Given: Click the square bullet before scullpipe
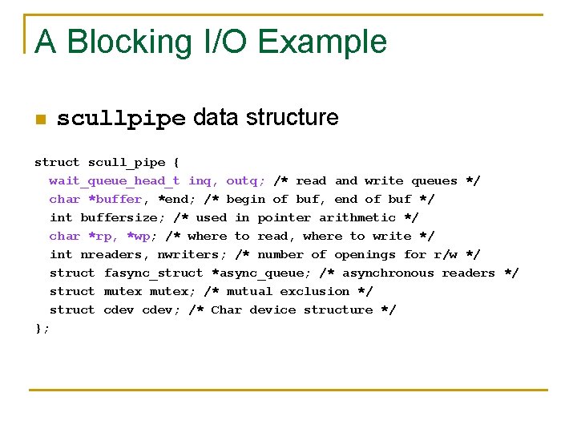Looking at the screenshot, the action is click(40, 120).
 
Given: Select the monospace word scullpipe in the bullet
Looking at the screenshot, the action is click(121, 119).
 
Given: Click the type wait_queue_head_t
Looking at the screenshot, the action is click(115, 180).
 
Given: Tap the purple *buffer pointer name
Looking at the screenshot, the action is click(115, 199).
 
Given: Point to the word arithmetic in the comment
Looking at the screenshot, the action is click(357, 217).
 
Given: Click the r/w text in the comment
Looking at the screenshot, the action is click(446, 254).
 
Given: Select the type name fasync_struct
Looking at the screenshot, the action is click(154, 273).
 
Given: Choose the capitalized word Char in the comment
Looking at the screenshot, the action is click(226, 310).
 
